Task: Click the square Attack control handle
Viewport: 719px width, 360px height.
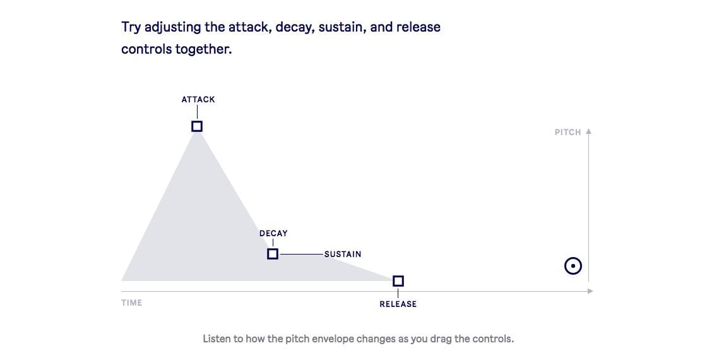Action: (x=197, y=126)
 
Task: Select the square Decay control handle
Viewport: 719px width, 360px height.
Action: (x=272, y=254)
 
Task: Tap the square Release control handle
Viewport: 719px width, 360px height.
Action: (x=398, y=280)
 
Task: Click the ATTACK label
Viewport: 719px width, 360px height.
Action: (x=198, y=100)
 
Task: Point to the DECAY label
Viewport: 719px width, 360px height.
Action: (x=273, y=234)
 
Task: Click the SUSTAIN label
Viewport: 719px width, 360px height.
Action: (x=343, y=254)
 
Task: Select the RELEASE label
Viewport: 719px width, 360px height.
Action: (x=398, y=304)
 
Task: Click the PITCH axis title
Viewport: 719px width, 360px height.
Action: (x=567, y=132)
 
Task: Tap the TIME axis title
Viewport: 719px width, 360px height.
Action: (x=131, y=303)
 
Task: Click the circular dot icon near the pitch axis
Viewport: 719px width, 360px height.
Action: (x=573, y=265)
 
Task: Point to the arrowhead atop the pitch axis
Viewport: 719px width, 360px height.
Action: (x=589, y=131)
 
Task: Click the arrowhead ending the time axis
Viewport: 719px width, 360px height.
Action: (x=591, y=291)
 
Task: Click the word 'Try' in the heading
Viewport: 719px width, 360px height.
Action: (x=131, y=28)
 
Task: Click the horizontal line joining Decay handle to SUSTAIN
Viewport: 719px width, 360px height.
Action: (x=302, y=254)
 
